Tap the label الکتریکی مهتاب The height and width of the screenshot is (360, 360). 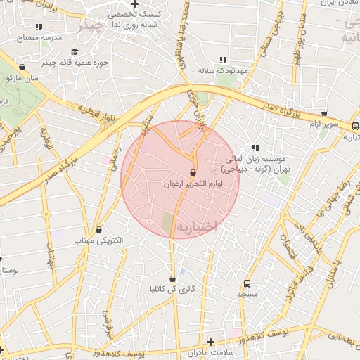coord(99,240)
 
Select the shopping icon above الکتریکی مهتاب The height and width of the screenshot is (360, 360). coord(98,229)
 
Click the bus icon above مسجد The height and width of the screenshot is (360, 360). coord(246,283)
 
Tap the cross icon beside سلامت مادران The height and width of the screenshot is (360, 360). coord(210,342)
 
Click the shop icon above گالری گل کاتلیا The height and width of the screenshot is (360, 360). coord(172,278)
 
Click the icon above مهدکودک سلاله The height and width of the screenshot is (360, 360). coord(224,60)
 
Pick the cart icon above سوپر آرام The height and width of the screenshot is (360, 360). coord(323,114)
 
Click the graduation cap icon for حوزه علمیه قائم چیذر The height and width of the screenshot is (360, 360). coord(75,51)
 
